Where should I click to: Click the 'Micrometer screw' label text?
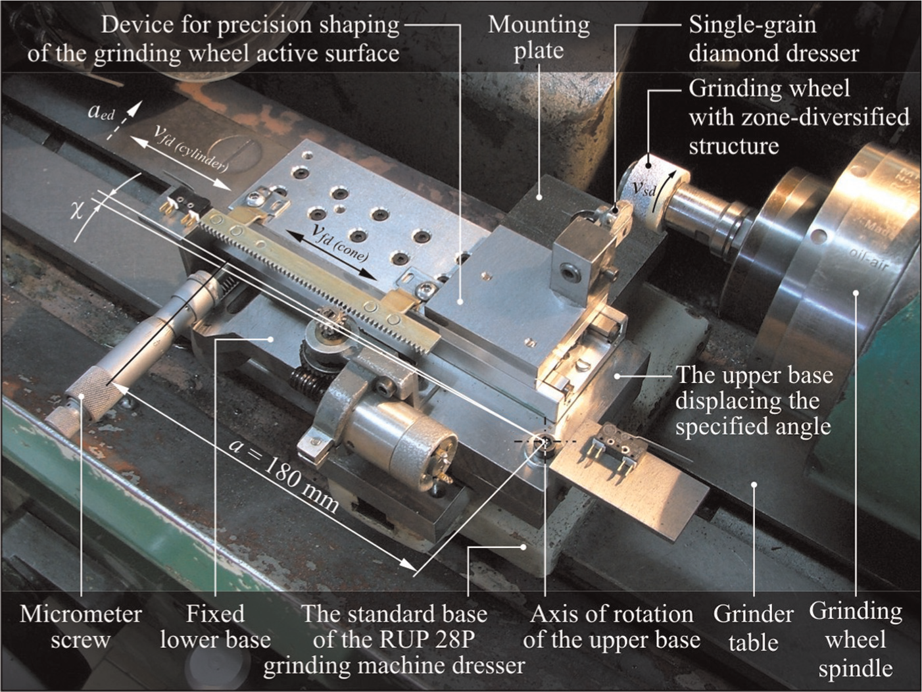(80, 627)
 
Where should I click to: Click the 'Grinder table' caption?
(753, 628)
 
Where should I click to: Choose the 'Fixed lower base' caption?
(216, 627)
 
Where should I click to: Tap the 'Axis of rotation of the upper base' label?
(612, 627)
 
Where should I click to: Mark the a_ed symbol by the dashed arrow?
(102, 112)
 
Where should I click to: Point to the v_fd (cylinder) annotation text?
(189, 149)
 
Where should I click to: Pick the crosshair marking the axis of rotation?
(545, 441)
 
